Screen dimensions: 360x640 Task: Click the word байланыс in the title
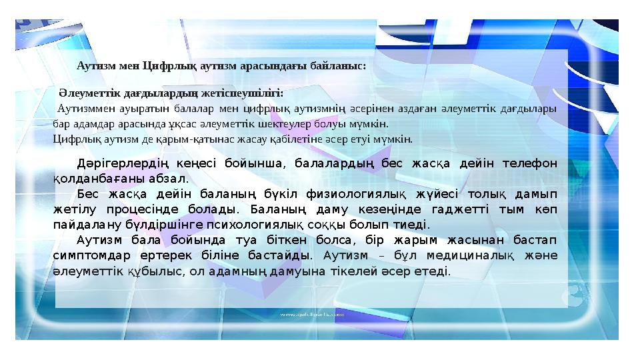click(x=341, y=66)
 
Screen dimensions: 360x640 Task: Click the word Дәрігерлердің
click(x=122, y=164)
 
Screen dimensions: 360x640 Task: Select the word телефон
click(x=531, y=164)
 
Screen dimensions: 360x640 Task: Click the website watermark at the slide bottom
click(x=312, y=313)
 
